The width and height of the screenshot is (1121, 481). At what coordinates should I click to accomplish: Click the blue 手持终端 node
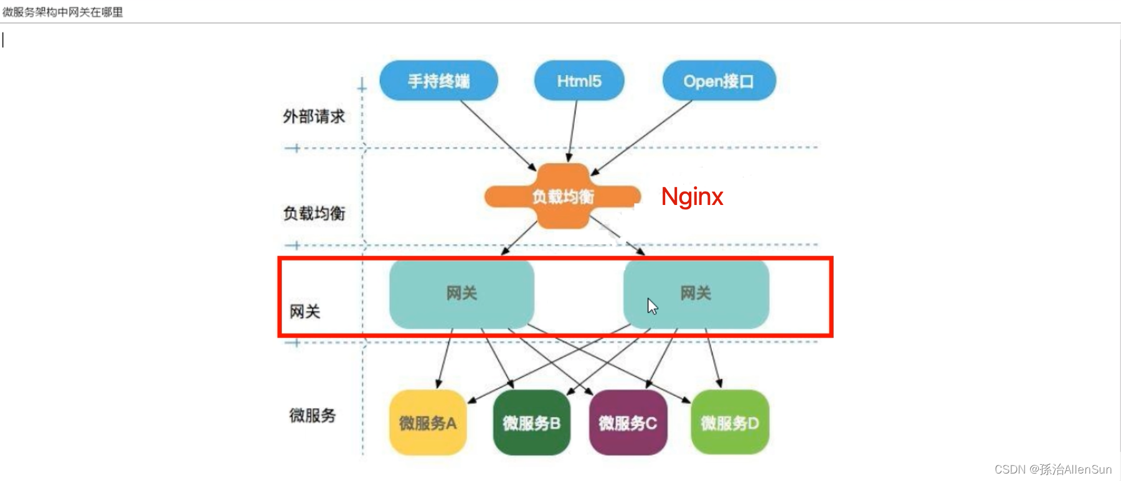tap(438, 81)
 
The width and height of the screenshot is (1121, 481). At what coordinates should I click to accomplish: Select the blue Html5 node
tap(579, 81)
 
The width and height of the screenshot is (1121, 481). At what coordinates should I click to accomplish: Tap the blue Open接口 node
tap(719, 81)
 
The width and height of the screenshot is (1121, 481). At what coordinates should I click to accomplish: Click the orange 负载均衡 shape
tap(562, 196)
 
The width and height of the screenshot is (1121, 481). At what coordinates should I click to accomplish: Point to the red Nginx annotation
tap(692, 197)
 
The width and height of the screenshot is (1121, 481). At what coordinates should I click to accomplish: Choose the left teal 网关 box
tap(461, 293)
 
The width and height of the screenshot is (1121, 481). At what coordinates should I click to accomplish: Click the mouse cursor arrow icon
tap(652, 306)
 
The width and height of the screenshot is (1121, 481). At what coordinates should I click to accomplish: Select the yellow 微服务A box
tap(428, 423)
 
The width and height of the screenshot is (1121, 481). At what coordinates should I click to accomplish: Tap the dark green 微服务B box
tap(531, 423)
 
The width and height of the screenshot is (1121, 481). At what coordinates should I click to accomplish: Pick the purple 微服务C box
tap(628, 423)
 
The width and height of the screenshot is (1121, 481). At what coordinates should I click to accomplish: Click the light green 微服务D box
tap(730, 423)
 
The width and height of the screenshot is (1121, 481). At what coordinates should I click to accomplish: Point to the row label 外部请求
tap(314, 117)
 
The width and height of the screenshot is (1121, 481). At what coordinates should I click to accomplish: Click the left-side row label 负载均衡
tap(314, 214)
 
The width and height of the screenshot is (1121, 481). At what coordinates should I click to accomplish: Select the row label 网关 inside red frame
tap(305, 312)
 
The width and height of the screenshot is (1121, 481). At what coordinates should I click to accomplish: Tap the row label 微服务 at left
tap(313, 416)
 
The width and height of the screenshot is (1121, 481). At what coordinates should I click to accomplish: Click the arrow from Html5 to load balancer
tap(572, 131)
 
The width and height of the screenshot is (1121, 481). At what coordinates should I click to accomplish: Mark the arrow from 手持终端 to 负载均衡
tap(498, 135)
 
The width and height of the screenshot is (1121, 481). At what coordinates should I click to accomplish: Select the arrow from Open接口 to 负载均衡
tap(641, 137)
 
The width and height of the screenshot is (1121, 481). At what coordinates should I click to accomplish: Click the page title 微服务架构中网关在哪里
tap(63, 12)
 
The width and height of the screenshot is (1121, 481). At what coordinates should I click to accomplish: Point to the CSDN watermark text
tap(1052, 469)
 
